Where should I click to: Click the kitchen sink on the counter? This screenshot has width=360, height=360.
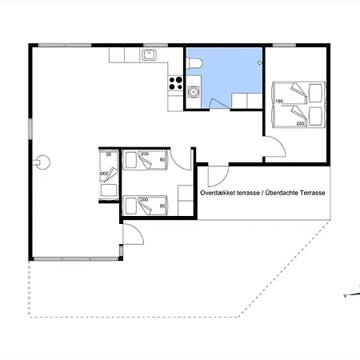coord(149,55)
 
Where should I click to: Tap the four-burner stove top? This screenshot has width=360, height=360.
coord(175,83)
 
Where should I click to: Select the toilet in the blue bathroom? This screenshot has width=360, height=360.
coord(194,63)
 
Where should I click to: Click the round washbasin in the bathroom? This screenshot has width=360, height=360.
coord(193,92)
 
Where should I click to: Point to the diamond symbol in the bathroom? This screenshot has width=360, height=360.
coord(259,62)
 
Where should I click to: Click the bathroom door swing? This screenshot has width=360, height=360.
coord(218,103)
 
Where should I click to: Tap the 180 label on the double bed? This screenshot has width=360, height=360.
coord(279,101)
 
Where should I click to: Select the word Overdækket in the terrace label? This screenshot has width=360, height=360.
coord(217,193)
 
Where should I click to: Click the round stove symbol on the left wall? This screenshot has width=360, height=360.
coord(42,162)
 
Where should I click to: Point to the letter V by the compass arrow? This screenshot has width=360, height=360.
coord(345,295)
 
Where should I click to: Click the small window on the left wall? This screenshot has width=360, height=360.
coord(30,129)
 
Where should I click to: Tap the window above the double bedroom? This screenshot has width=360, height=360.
coord(285,45)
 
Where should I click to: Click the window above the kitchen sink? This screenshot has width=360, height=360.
coord(156,45)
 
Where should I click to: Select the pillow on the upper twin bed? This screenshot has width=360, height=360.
coord(131,160)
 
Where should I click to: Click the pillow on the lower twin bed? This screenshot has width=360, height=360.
coord(131,206)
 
